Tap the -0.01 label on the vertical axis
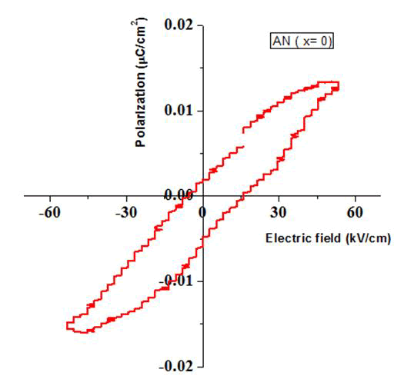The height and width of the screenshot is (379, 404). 179,281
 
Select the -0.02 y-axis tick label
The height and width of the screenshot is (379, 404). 179,365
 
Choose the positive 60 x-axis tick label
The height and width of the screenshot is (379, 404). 355,212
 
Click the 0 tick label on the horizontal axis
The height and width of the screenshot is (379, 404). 203,212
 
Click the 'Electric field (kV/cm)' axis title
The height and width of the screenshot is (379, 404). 328,238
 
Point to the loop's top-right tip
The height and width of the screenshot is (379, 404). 339,83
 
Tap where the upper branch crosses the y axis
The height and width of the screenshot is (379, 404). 203,181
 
